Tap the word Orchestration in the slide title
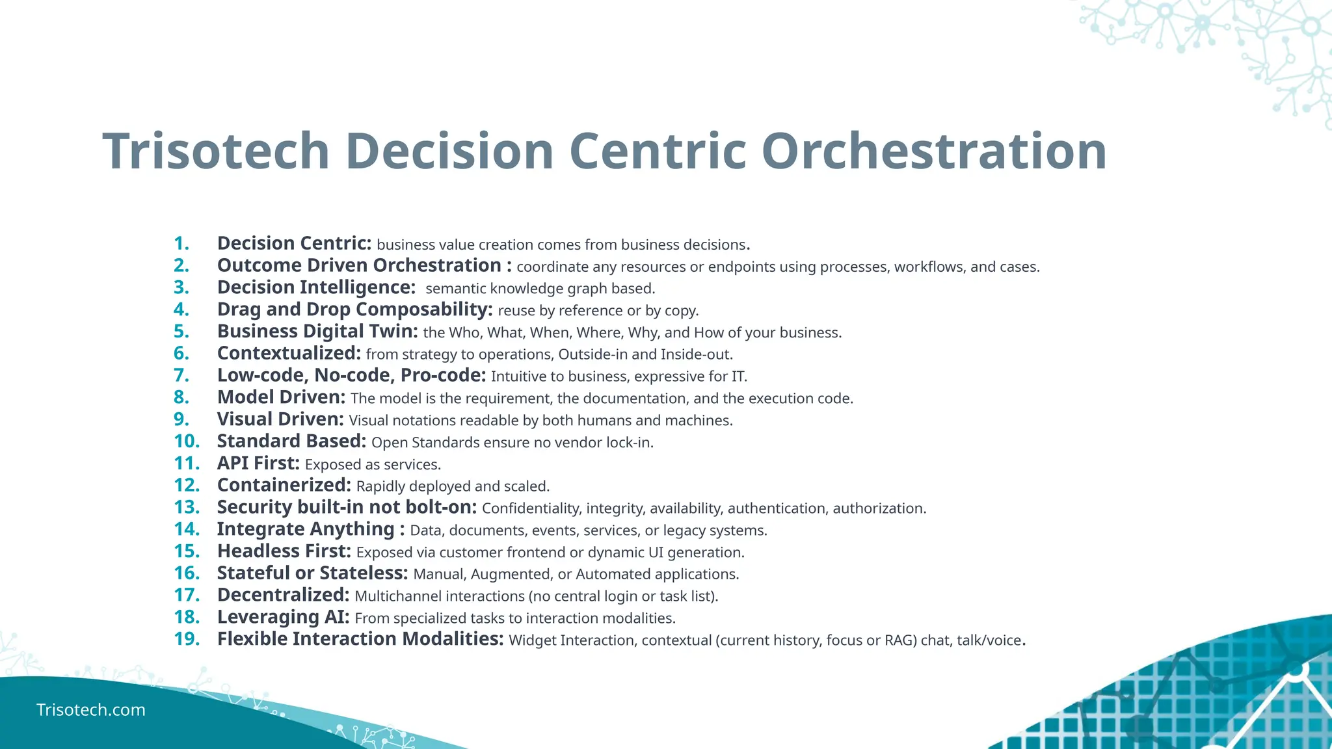click(934, 151)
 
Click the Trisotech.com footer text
click(91, 709)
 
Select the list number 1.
click(181, 244)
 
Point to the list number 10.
click(187, 441)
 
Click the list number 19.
click(187, 639)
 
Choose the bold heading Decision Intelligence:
click(316, 287)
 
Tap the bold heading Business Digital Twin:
click(317, 332)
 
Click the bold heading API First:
click(258, 464)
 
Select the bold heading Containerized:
click(284, 486)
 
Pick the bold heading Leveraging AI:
click(283, 617)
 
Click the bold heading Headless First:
click(284, 551)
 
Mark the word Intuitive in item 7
click(519, 376)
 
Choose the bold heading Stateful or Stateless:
click(312, 573)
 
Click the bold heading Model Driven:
click(281, 397)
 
